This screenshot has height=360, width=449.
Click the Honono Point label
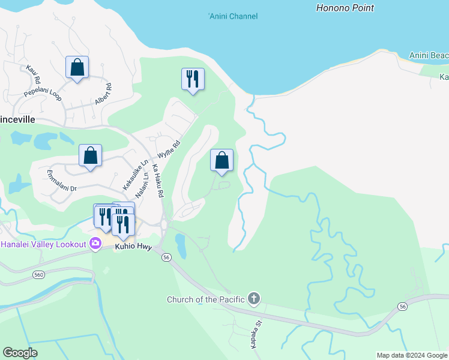coord(345,8)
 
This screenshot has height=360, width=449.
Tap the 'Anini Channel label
coord(233,16)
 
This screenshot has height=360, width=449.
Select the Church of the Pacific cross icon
coord(254,298)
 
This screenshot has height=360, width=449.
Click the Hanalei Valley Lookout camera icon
coord(95,244)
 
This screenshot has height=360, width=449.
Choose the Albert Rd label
coord(103,95)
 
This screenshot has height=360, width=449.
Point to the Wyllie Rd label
coord(169,153)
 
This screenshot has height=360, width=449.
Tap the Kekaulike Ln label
coord(135,175)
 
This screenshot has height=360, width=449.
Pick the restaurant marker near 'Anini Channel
coord(193,79)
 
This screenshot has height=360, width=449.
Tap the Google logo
coord(20,353)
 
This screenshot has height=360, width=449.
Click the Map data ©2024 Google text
coord(412,355)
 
